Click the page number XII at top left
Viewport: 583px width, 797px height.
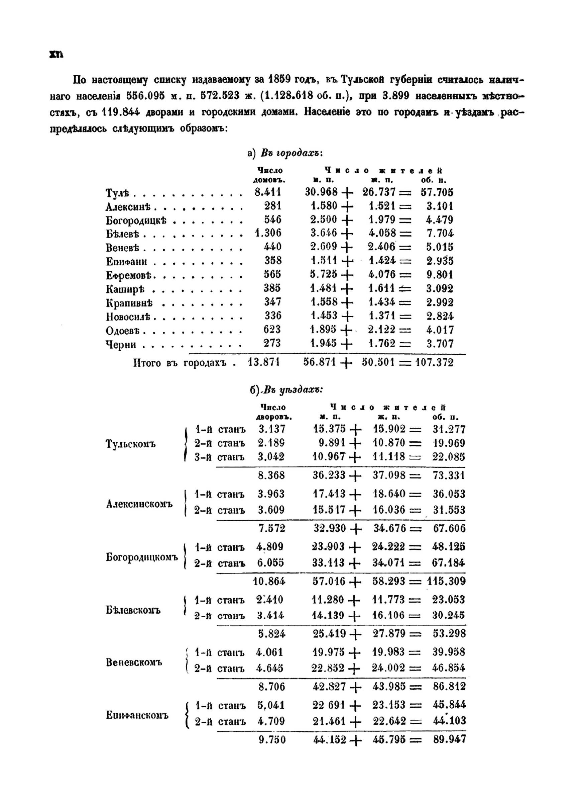[x=56, y=55]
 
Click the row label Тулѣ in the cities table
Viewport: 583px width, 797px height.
[x=117, y=193]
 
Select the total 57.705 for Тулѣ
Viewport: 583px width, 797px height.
[x=437, y=192]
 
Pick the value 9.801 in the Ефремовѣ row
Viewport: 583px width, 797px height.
[x=439, y=274]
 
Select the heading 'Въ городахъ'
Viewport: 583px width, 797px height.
[x=291, y=153]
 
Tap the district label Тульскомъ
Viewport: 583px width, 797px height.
[x=131, y=444]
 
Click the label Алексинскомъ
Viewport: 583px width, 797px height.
[x=139, y=504]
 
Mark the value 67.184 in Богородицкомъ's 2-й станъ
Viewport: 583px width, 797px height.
[x=448, y=562]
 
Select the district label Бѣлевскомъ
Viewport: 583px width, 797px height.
[x=133, y=610]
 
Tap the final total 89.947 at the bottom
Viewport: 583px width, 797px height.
[x=449, y=739]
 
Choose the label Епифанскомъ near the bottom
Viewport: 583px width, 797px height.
[x=137, y=715]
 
